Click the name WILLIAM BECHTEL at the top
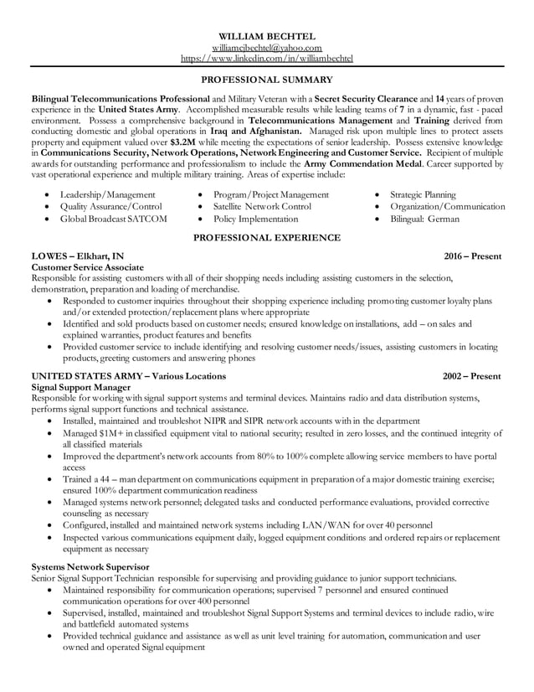(x=267, y=37)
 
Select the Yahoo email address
(x=267, y=48)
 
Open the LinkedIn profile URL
(x=267, y=59)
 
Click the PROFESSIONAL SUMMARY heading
(x=267, y=80)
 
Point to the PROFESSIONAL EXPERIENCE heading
(x=267, y=238)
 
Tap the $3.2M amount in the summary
(x=182, y=142)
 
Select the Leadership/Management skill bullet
(x=106, y=195)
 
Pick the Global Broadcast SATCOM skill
(x=113, y=219)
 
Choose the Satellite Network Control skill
(x=262, y=207)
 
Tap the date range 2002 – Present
(x=472, y=376)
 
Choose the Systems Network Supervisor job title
(x=90, y=567)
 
